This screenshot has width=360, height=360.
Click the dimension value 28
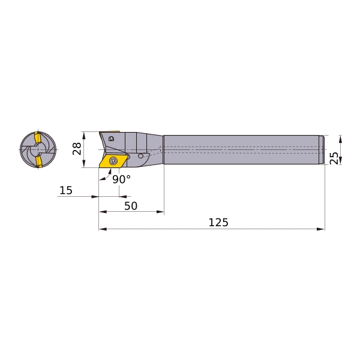77,149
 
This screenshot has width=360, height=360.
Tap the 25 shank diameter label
334,158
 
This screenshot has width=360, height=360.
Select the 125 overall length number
218,222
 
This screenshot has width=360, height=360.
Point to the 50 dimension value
131,206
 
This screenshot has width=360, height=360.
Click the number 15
66,190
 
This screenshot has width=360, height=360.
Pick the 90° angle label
121,179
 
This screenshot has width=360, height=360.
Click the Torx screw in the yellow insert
113,161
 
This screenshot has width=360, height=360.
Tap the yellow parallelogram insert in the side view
113,161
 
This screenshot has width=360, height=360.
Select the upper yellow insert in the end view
38,137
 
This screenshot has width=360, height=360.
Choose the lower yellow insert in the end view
38,161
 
